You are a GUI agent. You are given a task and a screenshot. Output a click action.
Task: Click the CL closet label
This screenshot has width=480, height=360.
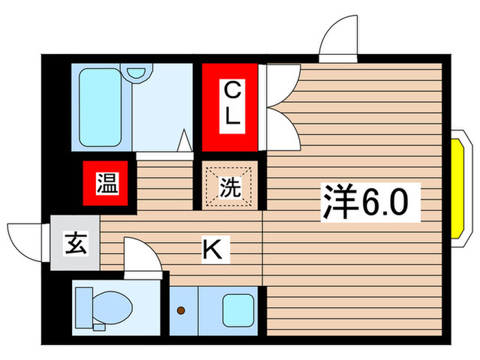tap(232, 103)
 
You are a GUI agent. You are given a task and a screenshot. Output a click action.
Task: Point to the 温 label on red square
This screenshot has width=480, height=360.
tap(106, 184)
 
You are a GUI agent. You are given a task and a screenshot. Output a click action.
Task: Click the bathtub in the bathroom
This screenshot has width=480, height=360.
tap(100, 107)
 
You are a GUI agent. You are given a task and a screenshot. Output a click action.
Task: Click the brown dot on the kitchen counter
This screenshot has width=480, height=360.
tap(181, 311)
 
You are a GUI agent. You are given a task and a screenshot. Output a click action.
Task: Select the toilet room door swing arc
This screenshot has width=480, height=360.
tap(141, 254)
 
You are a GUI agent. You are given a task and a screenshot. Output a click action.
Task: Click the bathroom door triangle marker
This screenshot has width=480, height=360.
tap(184, 141)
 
